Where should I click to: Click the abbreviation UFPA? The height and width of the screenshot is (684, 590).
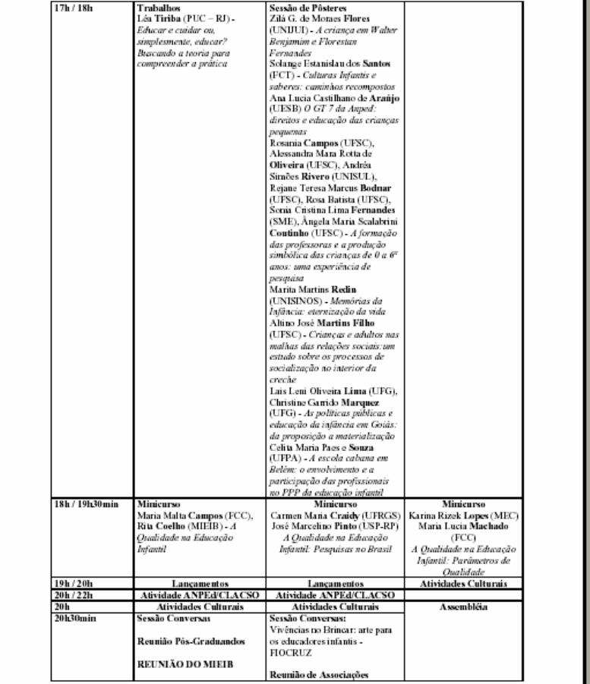coord(285,459)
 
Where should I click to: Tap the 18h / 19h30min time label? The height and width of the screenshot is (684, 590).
coord(87,504)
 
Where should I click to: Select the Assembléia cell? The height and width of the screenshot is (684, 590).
coord(463,607)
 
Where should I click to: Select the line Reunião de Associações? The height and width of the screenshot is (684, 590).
coord(319,674)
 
